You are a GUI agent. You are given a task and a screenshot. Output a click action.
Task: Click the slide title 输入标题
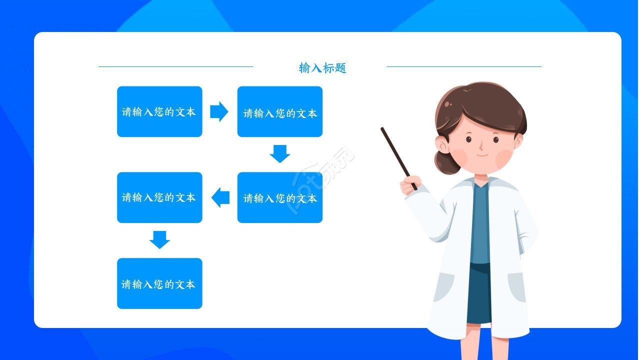(x=322, y=68)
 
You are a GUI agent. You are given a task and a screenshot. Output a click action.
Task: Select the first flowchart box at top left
(x=159, y=111)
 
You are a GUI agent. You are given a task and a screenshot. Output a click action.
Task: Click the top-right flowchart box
(x=279, y=111)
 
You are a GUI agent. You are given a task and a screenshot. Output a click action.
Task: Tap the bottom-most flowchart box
(x=159, y=283)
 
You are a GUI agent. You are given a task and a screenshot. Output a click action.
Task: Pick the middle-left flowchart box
(x=159, y=197)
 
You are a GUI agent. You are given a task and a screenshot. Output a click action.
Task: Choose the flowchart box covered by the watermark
(x=279, y=197)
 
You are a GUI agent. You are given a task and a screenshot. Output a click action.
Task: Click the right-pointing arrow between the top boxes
(x=219, y=111)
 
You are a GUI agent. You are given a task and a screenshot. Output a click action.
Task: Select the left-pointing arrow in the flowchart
(x=220, y=197)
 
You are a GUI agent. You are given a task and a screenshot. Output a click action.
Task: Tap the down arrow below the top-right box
(x=279, y=153)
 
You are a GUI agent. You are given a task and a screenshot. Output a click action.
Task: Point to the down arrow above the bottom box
(x=159, y=239)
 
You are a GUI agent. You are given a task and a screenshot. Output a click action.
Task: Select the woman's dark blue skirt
(x=478, y=295)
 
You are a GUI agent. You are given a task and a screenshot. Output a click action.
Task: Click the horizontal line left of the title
(x=175, y=66)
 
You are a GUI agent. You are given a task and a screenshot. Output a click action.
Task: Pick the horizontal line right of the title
(x=464, y=66)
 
